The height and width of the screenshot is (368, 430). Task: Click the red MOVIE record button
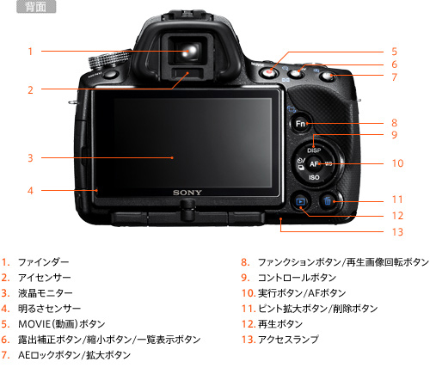coord(268,73)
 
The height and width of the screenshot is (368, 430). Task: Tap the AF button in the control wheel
coord(314,164)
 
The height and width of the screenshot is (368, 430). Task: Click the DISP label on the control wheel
coord(314,150)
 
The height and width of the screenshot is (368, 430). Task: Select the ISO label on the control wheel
coord(314,178)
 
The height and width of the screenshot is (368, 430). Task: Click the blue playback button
coord(300,201)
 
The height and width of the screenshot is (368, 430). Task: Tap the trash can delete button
coord(328,201)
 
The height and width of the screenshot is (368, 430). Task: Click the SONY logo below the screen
coord(187,193)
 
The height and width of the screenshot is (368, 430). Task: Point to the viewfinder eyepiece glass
coord(188,50)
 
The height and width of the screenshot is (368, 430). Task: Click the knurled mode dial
coord(109,58)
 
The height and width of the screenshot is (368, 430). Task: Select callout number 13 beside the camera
coord(397,232)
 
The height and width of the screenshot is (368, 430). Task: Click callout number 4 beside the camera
coord(30,191)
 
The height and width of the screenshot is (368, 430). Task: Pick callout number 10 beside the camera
coord(397,163)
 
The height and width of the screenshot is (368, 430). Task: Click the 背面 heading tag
coord(36,7)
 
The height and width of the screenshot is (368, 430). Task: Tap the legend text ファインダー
coord(44,262)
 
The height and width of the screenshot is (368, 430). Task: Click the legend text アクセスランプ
coord(288,340)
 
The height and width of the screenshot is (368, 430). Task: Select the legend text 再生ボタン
coord(280,324)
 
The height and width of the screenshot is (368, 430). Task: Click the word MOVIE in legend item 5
coord(34,324)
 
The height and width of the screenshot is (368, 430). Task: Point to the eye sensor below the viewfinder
coord(187,73)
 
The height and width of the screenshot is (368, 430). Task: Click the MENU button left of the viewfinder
coord(110,75)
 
